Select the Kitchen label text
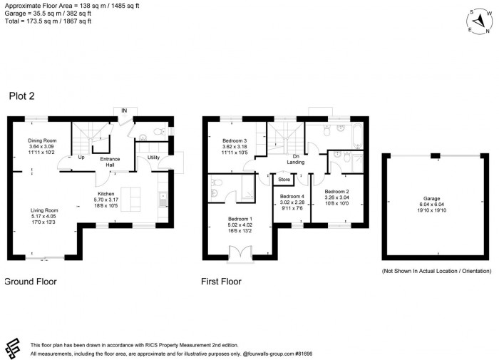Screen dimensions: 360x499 106,193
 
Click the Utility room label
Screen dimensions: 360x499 153,157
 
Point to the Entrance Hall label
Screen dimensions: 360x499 109,162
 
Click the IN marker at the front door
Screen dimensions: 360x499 124,110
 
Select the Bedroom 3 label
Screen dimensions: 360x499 235,140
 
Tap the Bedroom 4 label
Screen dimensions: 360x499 292,196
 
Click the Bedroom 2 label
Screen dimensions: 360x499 336,191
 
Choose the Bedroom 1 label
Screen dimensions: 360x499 240,219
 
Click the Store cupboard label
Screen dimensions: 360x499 284,180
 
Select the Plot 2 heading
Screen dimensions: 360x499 24,96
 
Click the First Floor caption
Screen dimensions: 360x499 222,282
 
